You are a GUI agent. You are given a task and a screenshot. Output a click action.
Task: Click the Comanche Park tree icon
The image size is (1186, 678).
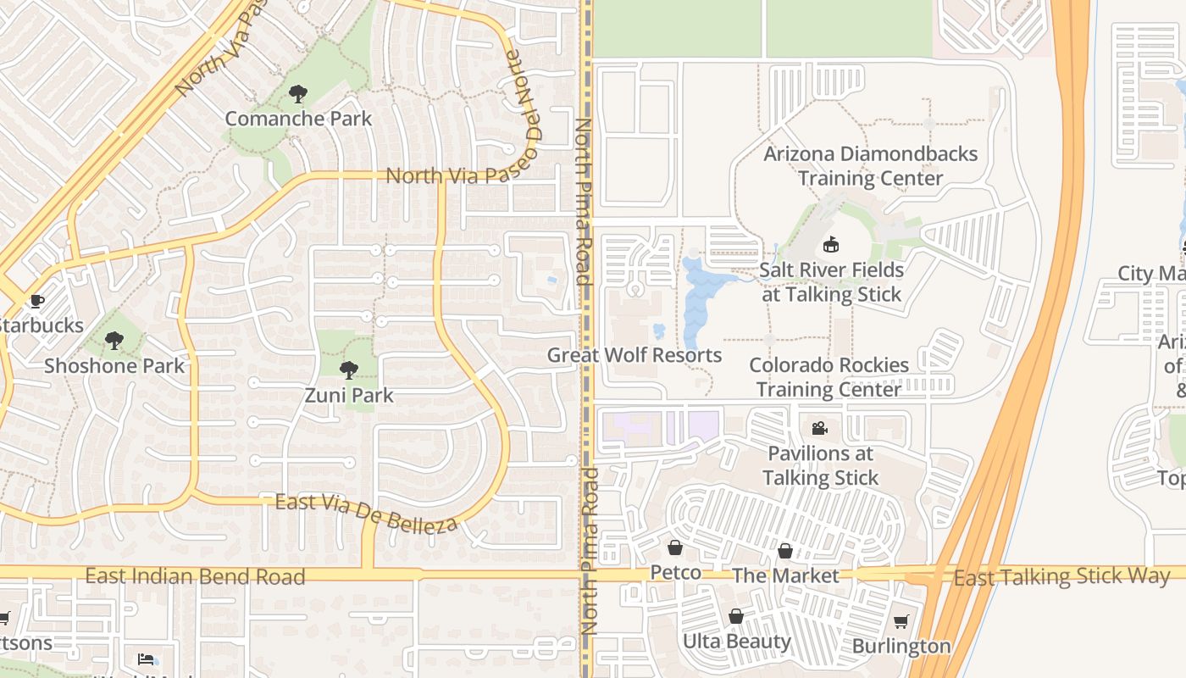coord(297,94)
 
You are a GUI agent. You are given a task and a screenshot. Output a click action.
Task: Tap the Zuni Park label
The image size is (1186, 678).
coord(349,395)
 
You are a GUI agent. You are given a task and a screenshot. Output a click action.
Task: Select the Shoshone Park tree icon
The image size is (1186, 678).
coord(114,341)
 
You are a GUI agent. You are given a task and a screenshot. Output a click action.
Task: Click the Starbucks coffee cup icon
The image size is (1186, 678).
coord(36,301)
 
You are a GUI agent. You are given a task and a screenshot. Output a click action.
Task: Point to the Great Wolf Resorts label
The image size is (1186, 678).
coord(635,355)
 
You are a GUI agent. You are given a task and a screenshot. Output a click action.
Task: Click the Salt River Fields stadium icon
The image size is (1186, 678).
coord(830,245)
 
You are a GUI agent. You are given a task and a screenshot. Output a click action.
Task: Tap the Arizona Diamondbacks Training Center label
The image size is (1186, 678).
coord(870,166)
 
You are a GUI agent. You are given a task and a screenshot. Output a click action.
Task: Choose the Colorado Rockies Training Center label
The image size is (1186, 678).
coord(829,377)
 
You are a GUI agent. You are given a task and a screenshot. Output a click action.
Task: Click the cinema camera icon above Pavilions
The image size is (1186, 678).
coord(819,428)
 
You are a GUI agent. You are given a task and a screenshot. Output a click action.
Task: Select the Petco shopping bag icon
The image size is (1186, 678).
coord(675,548)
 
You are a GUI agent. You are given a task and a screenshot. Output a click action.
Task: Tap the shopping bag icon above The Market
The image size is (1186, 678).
coord(785,551)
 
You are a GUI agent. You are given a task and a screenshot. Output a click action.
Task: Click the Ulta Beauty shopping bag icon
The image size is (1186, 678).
coord(736,616)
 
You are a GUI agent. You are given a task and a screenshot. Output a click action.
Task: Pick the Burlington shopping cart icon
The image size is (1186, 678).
coord(901,621)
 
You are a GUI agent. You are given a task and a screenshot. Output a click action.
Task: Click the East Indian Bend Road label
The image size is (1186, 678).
coord(195,577)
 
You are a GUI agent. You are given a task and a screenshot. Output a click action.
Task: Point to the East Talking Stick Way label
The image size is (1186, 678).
coord(1061,577)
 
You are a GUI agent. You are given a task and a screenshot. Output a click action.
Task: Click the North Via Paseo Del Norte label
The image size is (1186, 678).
coord(449,175)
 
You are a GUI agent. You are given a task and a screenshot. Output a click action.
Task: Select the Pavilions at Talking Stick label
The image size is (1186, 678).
coord(820,465)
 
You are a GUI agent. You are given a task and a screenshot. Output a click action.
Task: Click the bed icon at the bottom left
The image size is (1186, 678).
coord(147,659)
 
